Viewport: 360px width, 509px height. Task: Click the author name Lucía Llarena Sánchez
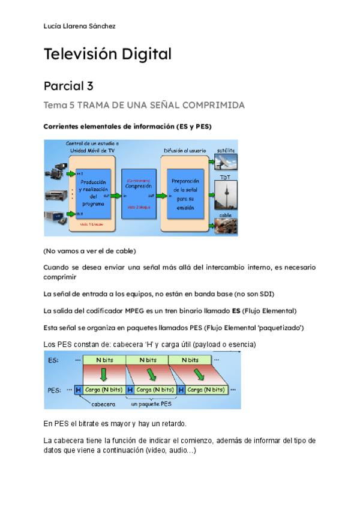pyautogui.click(x=80, y=26)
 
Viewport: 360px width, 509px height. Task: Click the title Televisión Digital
pyautogui.click(x=107, y=54)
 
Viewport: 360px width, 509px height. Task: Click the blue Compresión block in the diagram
pyautogui.click(x=139, y=187)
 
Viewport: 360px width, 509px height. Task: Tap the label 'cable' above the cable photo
pyautogui.click(x=225, y=215)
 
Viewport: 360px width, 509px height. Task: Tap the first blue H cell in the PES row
pyautogui.click(x=78, y=390)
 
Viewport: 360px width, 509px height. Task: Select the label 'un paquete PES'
pyautogui.click(x=155, y=405)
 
